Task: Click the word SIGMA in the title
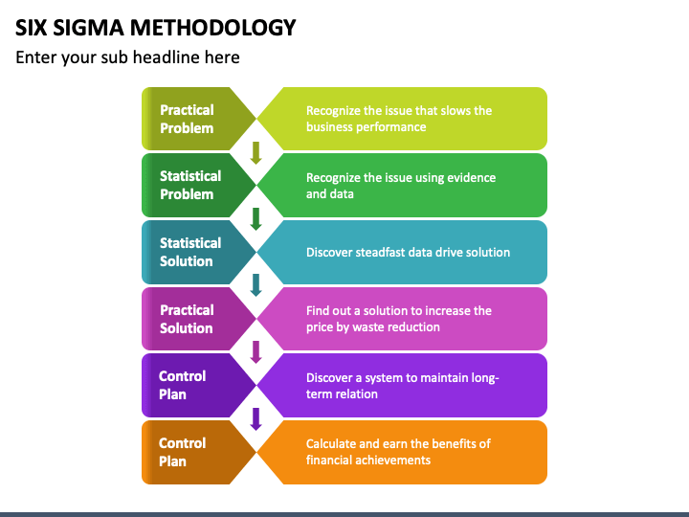point(88,28)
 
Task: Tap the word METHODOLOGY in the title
point(212,28)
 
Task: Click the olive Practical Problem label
point(187,119)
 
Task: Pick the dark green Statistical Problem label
point(190,185)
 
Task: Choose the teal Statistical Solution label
point(190,252)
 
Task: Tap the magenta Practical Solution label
point(187,319)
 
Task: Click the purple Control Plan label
point(182,385)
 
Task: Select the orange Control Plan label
point(182,452)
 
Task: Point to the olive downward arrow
point(256,153)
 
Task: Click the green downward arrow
point(256,219)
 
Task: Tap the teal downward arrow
point(256,285)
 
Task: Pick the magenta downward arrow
point(256,352)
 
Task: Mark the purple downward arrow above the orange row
point(256,419)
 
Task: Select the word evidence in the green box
point(470,178)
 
